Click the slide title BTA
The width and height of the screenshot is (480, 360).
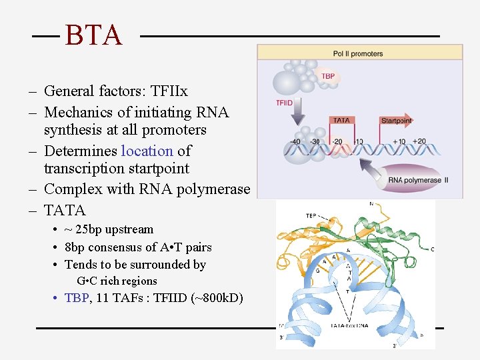click(94, 35)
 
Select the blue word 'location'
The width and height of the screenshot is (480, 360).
click(147, 151)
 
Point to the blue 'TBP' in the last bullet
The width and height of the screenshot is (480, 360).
click(77, 298)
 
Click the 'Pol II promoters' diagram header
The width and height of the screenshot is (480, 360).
click(359, 53)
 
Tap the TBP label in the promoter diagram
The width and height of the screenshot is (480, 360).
click(328, 77)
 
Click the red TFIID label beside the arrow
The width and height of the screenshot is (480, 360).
click(285, 103)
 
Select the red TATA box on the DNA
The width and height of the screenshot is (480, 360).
click(341, 121)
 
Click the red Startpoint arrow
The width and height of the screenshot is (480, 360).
click(396, 121)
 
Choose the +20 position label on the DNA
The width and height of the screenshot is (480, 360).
click(419, 141)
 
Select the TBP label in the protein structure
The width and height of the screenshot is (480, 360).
click(311, 216)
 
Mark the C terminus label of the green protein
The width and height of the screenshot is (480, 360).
click(432, 249)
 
